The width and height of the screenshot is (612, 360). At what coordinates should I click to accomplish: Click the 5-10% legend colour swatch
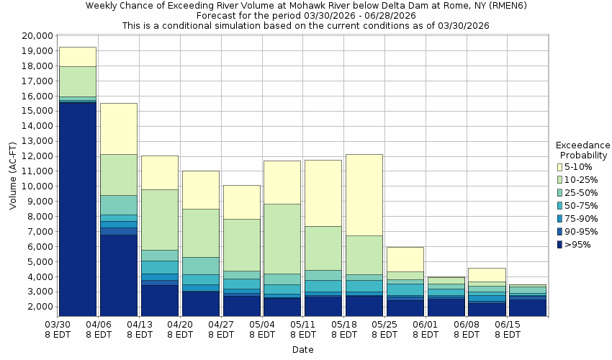(x=561, y=166)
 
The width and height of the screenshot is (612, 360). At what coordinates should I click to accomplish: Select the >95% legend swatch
(x=561, y=244)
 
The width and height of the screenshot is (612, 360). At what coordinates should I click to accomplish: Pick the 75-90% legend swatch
(x=561, y=218)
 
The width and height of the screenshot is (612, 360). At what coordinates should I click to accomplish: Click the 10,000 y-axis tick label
(x=35, y=186)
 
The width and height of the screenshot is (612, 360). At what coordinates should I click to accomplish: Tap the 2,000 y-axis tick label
(x=37, y=307)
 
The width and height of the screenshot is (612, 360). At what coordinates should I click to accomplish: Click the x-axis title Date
(x=302, y=349)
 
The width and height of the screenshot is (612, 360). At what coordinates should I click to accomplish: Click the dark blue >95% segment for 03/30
(x=78, y=209)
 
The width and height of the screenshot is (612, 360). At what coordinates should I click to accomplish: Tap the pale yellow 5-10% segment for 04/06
(x=119, y=128)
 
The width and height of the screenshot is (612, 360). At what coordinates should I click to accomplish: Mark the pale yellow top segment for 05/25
(x=405, y=259)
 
